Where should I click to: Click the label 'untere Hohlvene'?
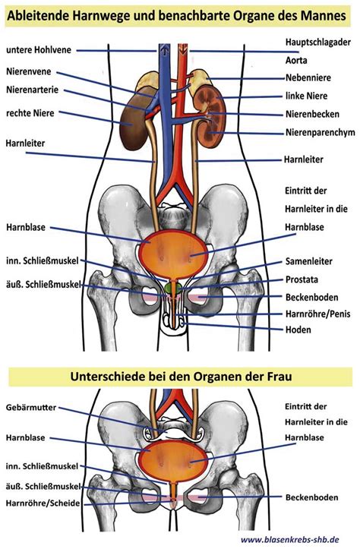39,50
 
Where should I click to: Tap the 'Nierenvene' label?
29,76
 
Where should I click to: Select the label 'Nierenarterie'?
33,93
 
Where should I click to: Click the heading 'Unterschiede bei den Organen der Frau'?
179,377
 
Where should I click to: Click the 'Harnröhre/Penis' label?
317,314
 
